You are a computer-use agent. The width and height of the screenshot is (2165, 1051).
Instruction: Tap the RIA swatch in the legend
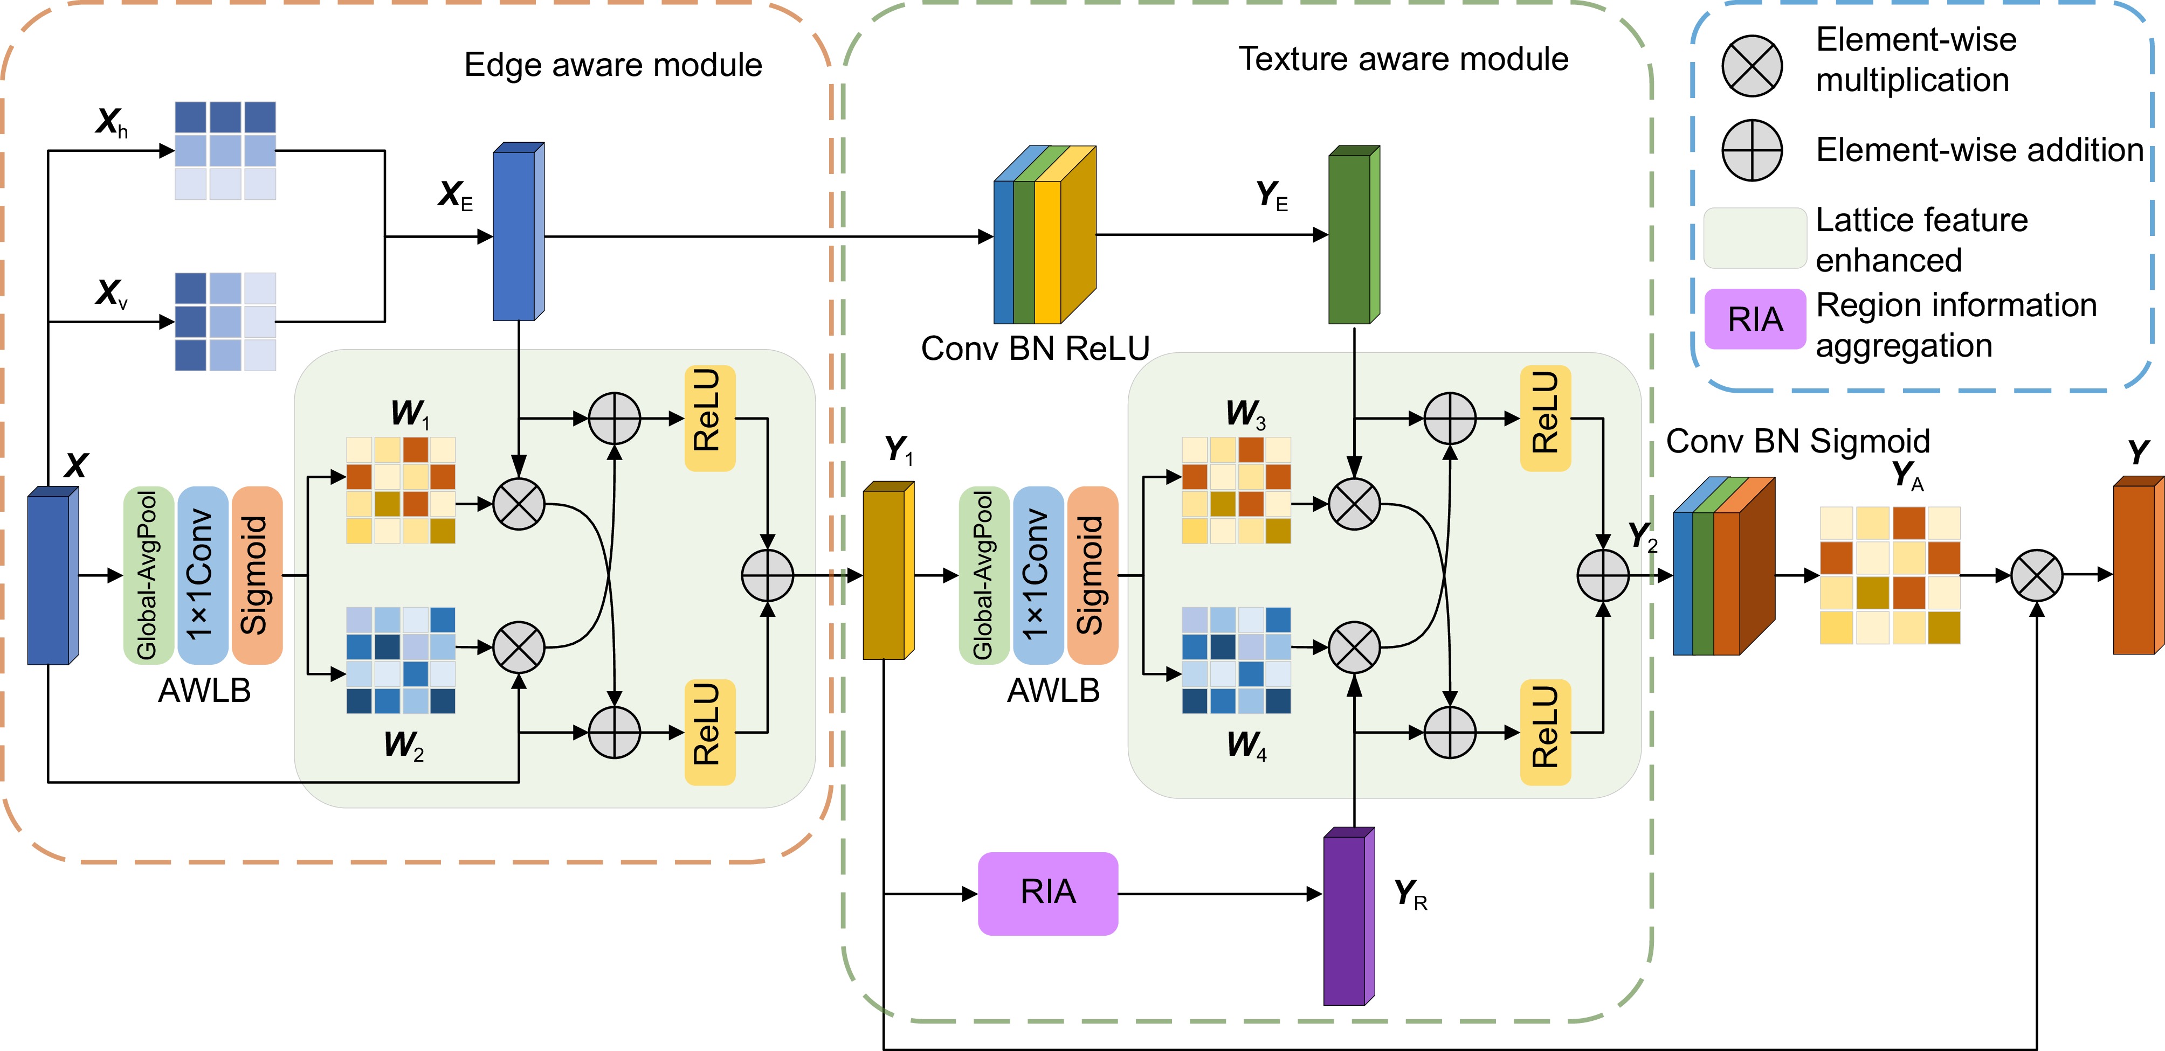coord(1755,319)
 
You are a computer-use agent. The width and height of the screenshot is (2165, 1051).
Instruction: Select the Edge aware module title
coord(613,65)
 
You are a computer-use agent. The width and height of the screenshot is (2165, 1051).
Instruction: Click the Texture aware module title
coord(1403,59)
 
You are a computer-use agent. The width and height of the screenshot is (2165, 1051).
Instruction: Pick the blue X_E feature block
coord(516,234)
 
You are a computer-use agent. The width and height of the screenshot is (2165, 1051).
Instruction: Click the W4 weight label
coord(1245,745)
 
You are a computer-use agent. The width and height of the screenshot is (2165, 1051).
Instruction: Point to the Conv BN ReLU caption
coord(1035,349)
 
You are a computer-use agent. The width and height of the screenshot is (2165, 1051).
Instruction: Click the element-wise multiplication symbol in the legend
coord(1752,66)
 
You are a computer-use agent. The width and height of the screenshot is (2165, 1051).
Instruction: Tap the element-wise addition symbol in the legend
coord(1752,150)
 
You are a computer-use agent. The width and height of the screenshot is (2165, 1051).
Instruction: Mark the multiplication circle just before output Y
coord(2036,575)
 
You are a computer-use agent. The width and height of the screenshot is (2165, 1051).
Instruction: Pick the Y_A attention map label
coord(1907,476)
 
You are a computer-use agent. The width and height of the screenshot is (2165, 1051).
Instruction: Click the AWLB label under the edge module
coord(204,691)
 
